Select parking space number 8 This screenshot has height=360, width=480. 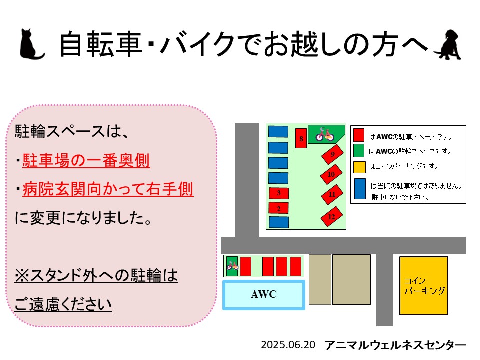pyautogui.click(x=301, y=138)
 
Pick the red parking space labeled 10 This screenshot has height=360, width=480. pyautogui.click(x=331, y=174)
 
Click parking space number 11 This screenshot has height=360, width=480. pyautogui.click(x=332, y=194)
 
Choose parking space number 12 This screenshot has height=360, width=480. pyautogui.click(x=332, y=216)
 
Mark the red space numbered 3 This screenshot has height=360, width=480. pyautogui.click(x=279, y=193)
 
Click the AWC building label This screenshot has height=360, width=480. pyautogui.click(x=264, y=294)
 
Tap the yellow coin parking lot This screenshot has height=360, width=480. pyautogui.click(x=424, y=286)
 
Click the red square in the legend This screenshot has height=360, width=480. pyautogui.click(x=359, y=135)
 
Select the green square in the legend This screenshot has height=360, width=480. pyautogui.click(x=359, y=150)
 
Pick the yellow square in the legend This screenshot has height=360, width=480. pyautogui.click(x=359, y=167)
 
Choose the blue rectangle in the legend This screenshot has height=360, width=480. pyautogui.click(x=360, y=189)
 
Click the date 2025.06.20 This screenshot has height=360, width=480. pyautogui.click(x=288, y=345)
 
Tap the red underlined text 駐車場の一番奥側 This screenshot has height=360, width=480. pyautogui.click(x=86, y=160)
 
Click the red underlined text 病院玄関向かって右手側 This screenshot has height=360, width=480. pyautogui.click(x=108, y=189)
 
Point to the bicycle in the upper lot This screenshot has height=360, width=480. pyautogui.click(x=325, y=134)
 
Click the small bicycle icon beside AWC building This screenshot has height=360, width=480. pyautogui.click(x=232, y=265)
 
